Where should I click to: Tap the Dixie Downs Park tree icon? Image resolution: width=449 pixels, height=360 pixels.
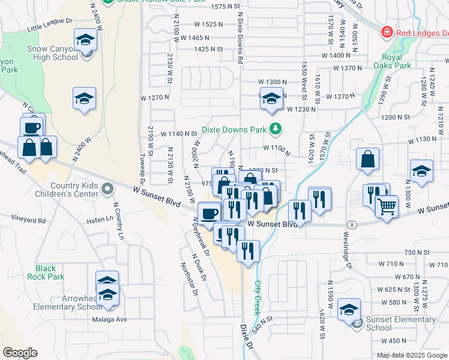click(x=276, y=128)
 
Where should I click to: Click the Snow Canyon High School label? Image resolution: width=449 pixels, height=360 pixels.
click(x=52, y=53)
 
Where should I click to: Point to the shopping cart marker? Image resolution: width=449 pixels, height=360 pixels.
click(x=387, y=206)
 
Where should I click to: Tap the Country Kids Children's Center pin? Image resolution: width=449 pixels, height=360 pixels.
click(x=107, y=190)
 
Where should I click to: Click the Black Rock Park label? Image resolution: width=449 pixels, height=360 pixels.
click(x=46, y=272)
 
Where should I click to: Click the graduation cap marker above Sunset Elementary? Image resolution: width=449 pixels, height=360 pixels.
click(x=349, y=309)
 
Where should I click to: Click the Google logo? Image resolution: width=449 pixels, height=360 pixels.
click(x=20, y=353)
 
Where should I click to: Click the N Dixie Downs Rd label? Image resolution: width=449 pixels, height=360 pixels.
click(x=240, y=39)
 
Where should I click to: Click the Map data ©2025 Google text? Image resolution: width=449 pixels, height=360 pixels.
click(x=412, y=355)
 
